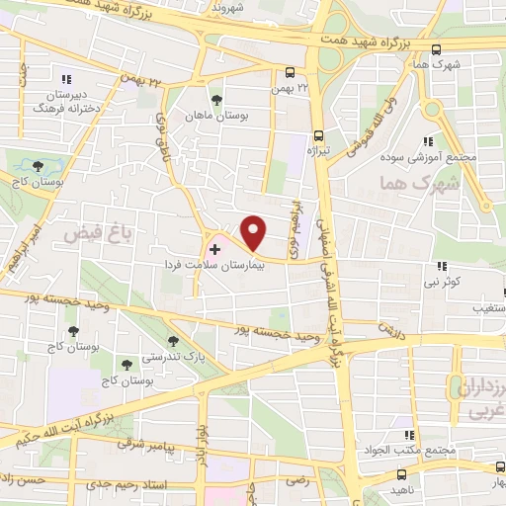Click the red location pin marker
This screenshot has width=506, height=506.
pos(253,232)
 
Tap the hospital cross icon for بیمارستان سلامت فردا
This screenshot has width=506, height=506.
pos(215,251)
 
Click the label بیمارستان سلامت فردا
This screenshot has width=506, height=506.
pos(216,268)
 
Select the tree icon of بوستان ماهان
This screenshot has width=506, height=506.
pos(216,100)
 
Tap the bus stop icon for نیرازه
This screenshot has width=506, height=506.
pos(318,135)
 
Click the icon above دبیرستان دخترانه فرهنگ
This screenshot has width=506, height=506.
pos(66,79)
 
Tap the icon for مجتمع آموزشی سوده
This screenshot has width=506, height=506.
pos(427,141)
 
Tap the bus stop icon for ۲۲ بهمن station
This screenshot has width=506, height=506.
pos(290,72)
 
